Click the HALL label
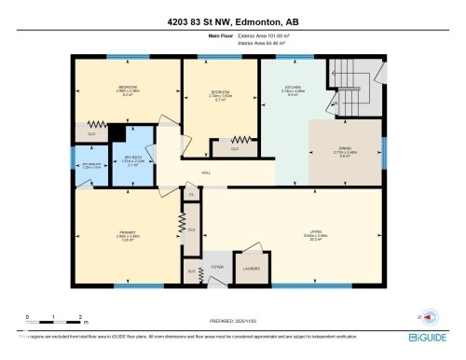pyautogui.click(x=205, y=173)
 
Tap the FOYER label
pyautogui.click(x=217, y=268)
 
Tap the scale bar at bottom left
pyautogui.click(x=54, y=321)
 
